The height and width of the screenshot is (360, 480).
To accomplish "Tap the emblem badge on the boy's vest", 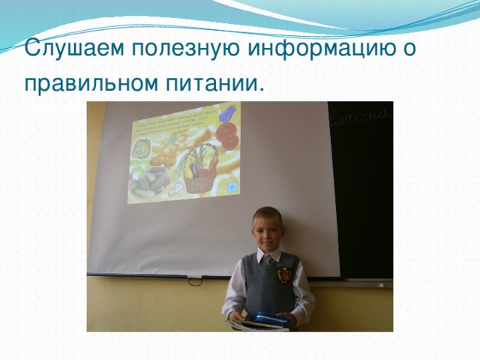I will coord(284,275).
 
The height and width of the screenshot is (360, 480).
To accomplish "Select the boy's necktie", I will coord(268,259).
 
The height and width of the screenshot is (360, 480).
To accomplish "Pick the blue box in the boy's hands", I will coord(271,319).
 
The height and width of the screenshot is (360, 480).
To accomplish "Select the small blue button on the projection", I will coord(232,184).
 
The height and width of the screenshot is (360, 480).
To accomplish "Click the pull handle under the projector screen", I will coord(194,280).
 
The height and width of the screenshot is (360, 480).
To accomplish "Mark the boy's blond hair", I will coord(268,214).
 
